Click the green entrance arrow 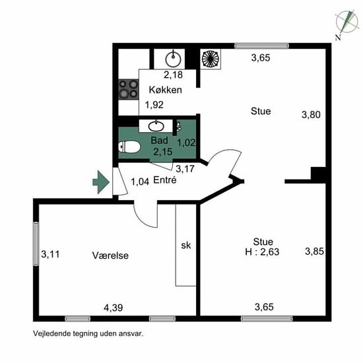coord(101,182)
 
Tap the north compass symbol coord(345,24)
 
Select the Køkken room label coord(165,90)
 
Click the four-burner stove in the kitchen coord(129,89)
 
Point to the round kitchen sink coord(173,59)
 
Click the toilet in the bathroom coord(129,147)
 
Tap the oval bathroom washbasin coord(156,126)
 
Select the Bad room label coord(159,141)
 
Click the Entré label coord(165,180)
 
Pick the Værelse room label coord(110,255)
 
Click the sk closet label coord(186,246)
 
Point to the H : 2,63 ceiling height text coord(262,251)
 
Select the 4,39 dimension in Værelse coord(114,308)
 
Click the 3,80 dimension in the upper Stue coord(311,115)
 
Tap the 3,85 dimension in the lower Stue coord(314,251)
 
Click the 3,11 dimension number coord(50,254)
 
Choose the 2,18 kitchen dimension coord(173,75)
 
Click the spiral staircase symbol coord(210,59)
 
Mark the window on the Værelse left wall coord(36,244)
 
